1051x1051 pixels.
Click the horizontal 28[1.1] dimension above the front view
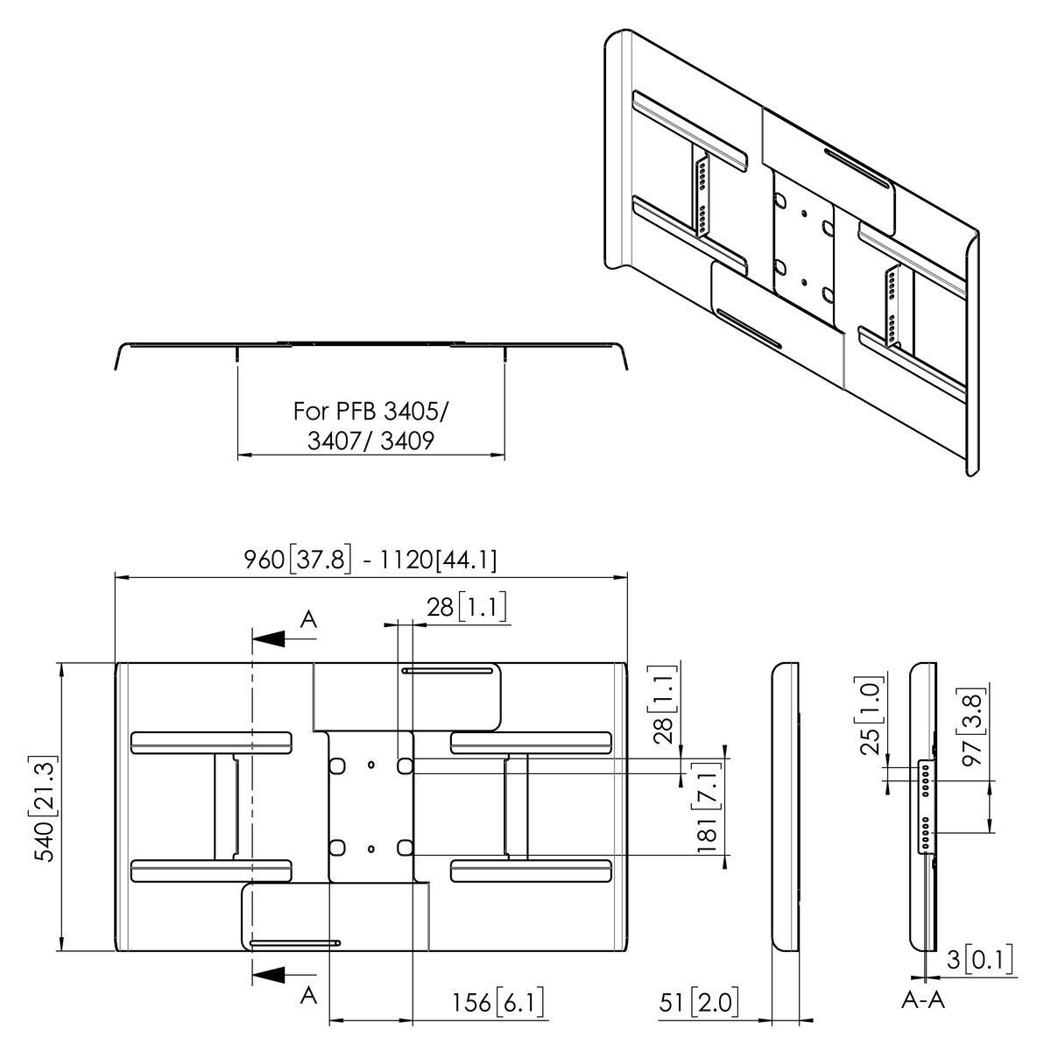pyautogui.click(x=467, y=607)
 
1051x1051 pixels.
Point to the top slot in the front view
pyautogui.click(x=447, y=671)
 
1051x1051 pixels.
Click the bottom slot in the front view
pyautogui.click(x=296, y=943)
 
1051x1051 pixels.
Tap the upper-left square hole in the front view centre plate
pyautogui.click(x=336, y=765)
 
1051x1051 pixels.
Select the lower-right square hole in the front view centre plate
pyautogui.click(x=404, y=847)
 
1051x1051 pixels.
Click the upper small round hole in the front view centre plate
pyautogui.click(x=370, y=765)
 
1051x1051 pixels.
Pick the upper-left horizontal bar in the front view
pyautogui.click(x=210, y=743)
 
